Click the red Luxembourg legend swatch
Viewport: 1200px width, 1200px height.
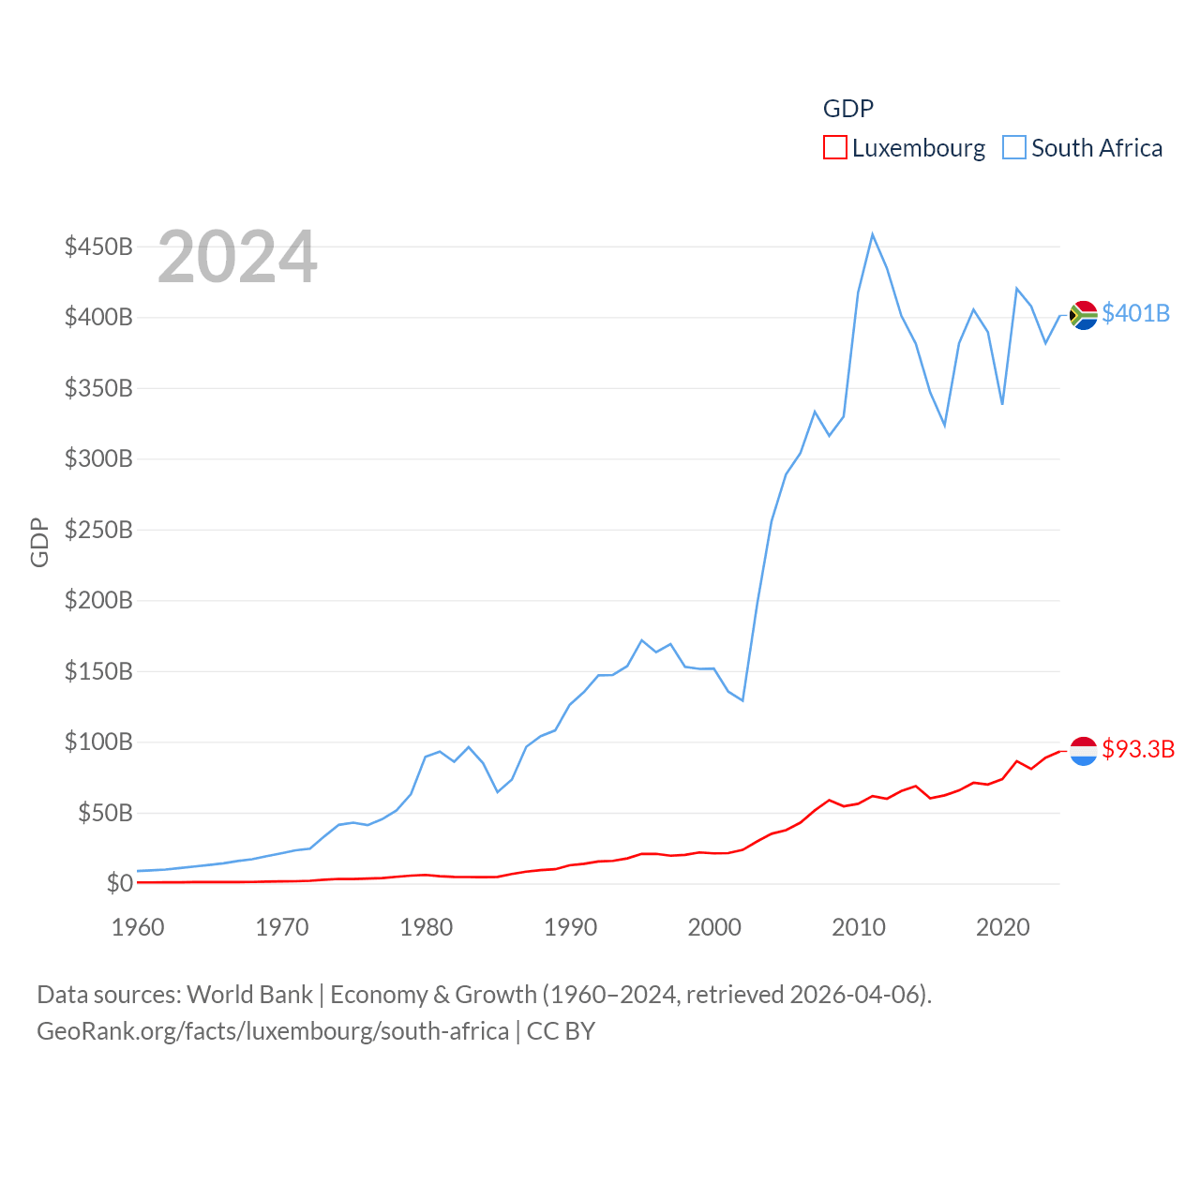tap(835, 148)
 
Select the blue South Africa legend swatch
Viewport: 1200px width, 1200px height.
tap(1014, 148)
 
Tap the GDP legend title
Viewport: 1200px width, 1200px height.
tap(848, 109)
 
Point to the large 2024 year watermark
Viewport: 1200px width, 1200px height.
tap(237, 257)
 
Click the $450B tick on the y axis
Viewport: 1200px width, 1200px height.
tap(98, 247)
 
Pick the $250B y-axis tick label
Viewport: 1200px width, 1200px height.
tap(98, 530)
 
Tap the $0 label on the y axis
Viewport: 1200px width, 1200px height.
tap(119, 883)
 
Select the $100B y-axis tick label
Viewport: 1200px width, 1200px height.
tap(98, 742)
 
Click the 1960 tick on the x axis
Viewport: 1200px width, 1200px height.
tap(138, 927)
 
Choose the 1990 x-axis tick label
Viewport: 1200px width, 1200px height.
tap(570, 927)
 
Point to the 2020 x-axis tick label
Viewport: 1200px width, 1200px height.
tap(1003, 927)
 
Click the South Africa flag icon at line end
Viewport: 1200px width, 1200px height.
tap(1084, 315)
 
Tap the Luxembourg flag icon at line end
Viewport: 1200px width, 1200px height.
tap(1084, 751)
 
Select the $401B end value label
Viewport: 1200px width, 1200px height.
tap(1135, 313)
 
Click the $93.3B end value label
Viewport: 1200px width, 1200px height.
tap(1138, 749)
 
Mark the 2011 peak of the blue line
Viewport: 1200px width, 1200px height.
tap(872, 234)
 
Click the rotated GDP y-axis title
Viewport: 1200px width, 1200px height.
tap(39, 542)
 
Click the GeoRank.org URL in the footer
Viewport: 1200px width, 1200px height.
tap(273, 1031)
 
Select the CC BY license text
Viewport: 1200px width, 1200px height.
tap(561, 1031)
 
